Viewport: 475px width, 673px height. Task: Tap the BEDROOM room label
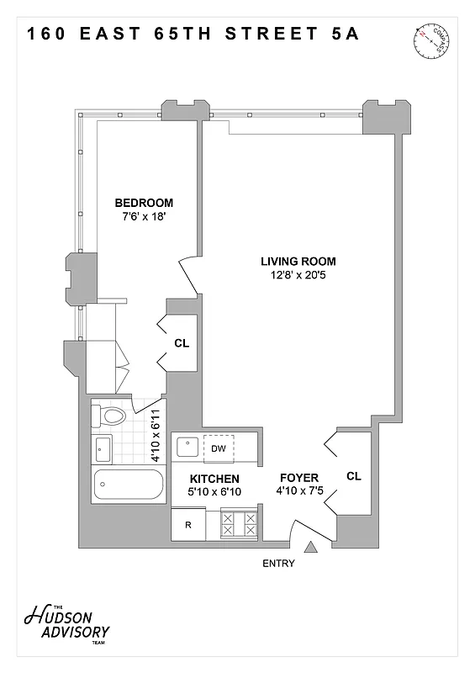point(144,203)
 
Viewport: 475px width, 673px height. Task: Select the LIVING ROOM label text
point(298,261)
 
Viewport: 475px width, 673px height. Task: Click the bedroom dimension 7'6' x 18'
point(144,217)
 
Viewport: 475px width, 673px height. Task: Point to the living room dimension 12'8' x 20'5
point(298,274)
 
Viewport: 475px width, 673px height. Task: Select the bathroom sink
point(103,449)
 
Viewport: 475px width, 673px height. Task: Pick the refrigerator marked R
point(188,525)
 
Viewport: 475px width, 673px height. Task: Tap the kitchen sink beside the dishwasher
point(186,448)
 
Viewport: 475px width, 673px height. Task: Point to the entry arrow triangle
point(311,548)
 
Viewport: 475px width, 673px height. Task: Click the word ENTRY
point(278,564)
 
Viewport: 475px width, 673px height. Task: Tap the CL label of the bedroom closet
point(182,343)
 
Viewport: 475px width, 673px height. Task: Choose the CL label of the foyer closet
point(353,476)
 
